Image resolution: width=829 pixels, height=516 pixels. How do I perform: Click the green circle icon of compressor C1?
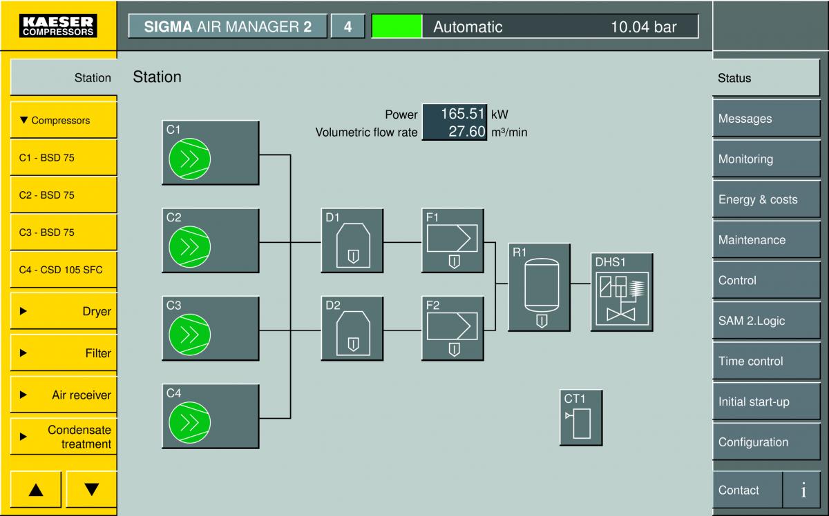tap(189, 159)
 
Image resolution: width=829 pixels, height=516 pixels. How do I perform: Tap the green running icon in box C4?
tap(189, 422)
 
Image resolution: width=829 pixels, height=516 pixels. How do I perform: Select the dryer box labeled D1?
tap(352, 241)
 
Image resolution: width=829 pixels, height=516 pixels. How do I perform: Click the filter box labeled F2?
tap(452, 328)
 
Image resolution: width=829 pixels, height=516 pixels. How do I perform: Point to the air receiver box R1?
tap(540, 287)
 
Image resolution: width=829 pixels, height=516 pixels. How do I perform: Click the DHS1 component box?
tap(622, 292)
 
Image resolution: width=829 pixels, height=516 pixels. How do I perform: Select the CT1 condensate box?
tap(581, 417)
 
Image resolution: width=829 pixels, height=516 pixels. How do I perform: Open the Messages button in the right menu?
tap(766, 118)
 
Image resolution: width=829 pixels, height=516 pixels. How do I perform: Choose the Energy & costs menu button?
tap(766, 199)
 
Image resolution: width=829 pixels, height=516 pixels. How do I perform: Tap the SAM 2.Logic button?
tap(766, 321)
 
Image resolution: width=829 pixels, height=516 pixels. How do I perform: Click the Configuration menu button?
tap(766, 441)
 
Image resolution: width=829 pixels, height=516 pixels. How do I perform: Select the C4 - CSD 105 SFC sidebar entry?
tap(64, 270)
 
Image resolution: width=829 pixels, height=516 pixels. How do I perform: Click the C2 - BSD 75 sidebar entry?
tap(64, 195)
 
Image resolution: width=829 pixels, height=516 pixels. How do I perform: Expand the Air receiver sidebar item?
tap(64, 395)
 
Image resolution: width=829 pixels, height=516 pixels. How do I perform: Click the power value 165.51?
tap(462, 114)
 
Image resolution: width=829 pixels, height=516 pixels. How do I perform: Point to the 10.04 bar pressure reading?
tap(644, 27)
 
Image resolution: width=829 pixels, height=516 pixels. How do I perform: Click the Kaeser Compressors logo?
tap(58, 26)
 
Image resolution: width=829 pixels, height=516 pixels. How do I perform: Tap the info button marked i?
tap(803, 490)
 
